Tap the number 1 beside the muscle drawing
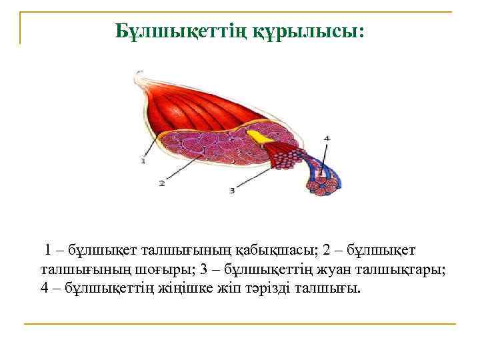coord(143,161)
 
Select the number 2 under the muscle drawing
coord(161,183)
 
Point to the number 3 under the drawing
coord(231,191)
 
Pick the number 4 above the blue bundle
coord(326,139)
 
